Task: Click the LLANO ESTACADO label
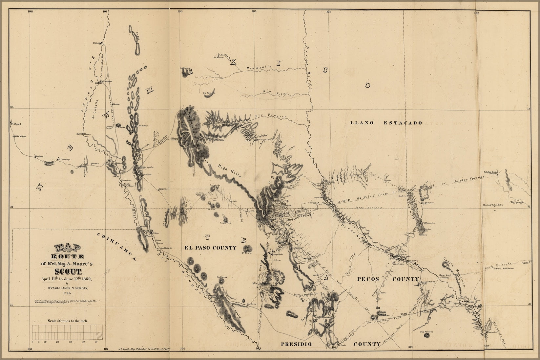point(386,123)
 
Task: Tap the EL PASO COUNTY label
point(209,248)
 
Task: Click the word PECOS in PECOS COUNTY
point(368,279)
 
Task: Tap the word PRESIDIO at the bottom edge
point(296,344)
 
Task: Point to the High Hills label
point(230,171)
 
